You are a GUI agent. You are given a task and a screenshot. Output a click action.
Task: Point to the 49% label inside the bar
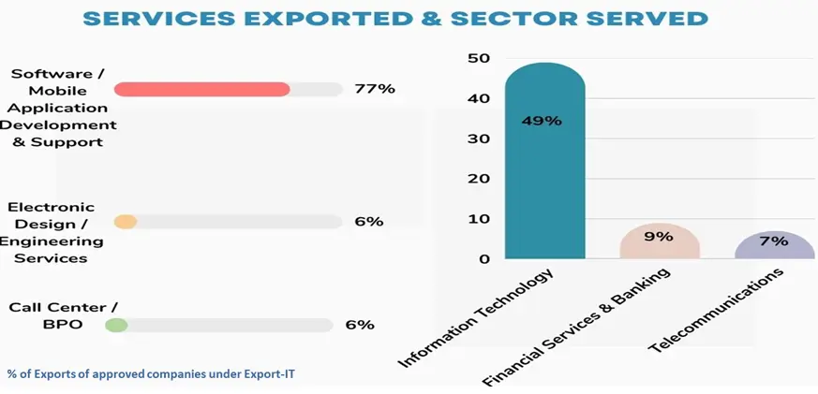542,121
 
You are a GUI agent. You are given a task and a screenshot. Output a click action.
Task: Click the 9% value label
659,237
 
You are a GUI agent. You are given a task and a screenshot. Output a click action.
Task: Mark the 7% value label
775,241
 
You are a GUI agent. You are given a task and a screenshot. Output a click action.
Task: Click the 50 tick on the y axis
479,58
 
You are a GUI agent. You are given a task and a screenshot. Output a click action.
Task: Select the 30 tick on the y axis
479,139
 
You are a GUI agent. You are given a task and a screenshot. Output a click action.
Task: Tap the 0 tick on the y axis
484,259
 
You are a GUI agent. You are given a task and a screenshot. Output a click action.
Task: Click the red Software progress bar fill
201,89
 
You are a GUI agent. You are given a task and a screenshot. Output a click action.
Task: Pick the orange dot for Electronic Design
126,222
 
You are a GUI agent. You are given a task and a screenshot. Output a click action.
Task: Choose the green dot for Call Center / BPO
116,325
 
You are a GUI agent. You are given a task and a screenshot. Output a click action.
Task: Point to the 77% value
375,89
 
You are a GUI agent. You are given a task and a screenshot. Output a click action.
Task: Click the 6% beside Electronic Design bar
369,222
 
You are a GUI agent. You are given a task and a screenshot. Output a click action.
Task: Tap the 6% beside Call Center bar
360,325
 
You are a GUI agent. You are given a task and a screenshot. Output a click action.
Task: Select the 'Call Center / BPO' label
58,315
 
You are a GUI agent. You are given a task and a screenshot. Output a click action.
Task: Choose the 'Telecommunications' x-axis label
716,313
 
